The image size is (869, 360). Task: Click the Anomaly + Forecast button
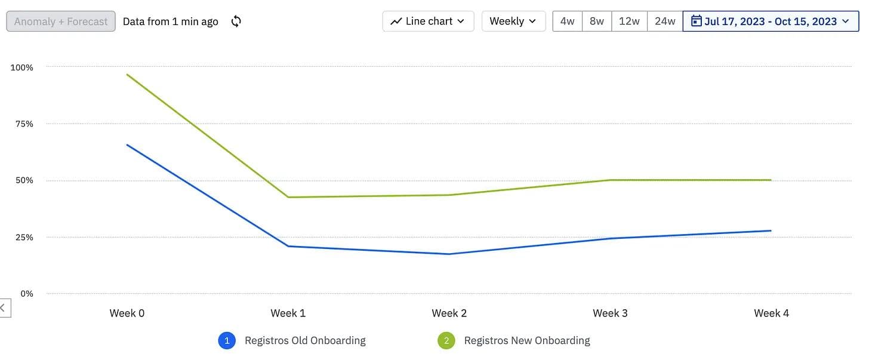[61, 21]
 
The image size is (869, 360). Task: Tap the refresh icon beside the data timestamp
[236, 21]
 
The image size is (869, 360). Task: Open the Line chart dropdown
[428, 21]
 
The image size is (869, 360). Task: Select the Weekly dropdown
[513, 21]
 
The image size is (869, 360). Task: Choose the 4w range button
[567, 21]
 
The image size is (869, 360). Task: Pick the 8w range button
[597, 21]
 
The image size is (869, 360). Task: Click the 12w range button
[629, 21]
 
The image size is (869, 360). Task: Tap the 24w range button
[665, 21]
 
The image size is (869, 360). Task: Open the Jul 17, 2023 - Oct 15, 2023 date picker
[770, 21]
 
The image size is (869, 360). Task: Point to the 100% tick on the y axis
[22, 67]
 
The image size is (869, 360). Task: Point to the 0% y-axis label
[26, 294]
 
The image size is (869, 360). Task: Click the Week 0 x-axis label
[127, 313]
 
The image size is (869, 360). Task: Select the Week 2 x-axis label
[449, 313]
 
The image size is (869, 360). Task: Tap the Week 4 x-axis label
[771, 313]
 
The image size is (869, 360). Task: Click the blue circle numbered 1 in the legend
[227, 341]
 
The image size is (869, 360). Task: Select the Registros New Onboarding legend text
[527, 341]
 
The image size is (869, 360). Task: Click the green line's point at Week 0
[127, 75]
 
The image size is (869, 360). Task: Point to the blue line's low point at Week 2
[449, 254]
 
